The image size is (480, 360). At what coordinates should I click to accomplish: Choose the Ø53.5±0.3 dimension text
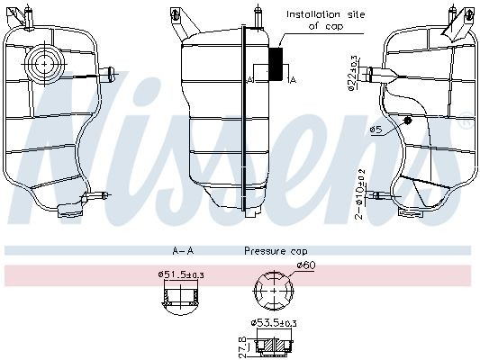[x=276, y=322]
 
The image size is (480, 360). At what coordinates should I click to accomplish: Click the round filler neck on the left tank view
[x=43, y=63]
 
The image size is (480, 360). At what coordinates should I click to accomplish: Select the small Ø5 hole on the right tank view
[x=408, y=119]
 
